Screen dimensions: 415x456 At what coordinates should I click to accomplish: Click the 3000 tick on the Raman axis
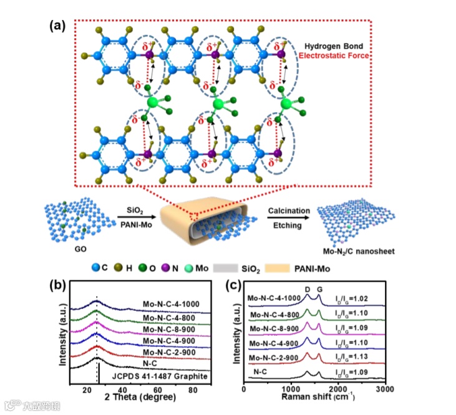pyautogui.click(x=385, y=388)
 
